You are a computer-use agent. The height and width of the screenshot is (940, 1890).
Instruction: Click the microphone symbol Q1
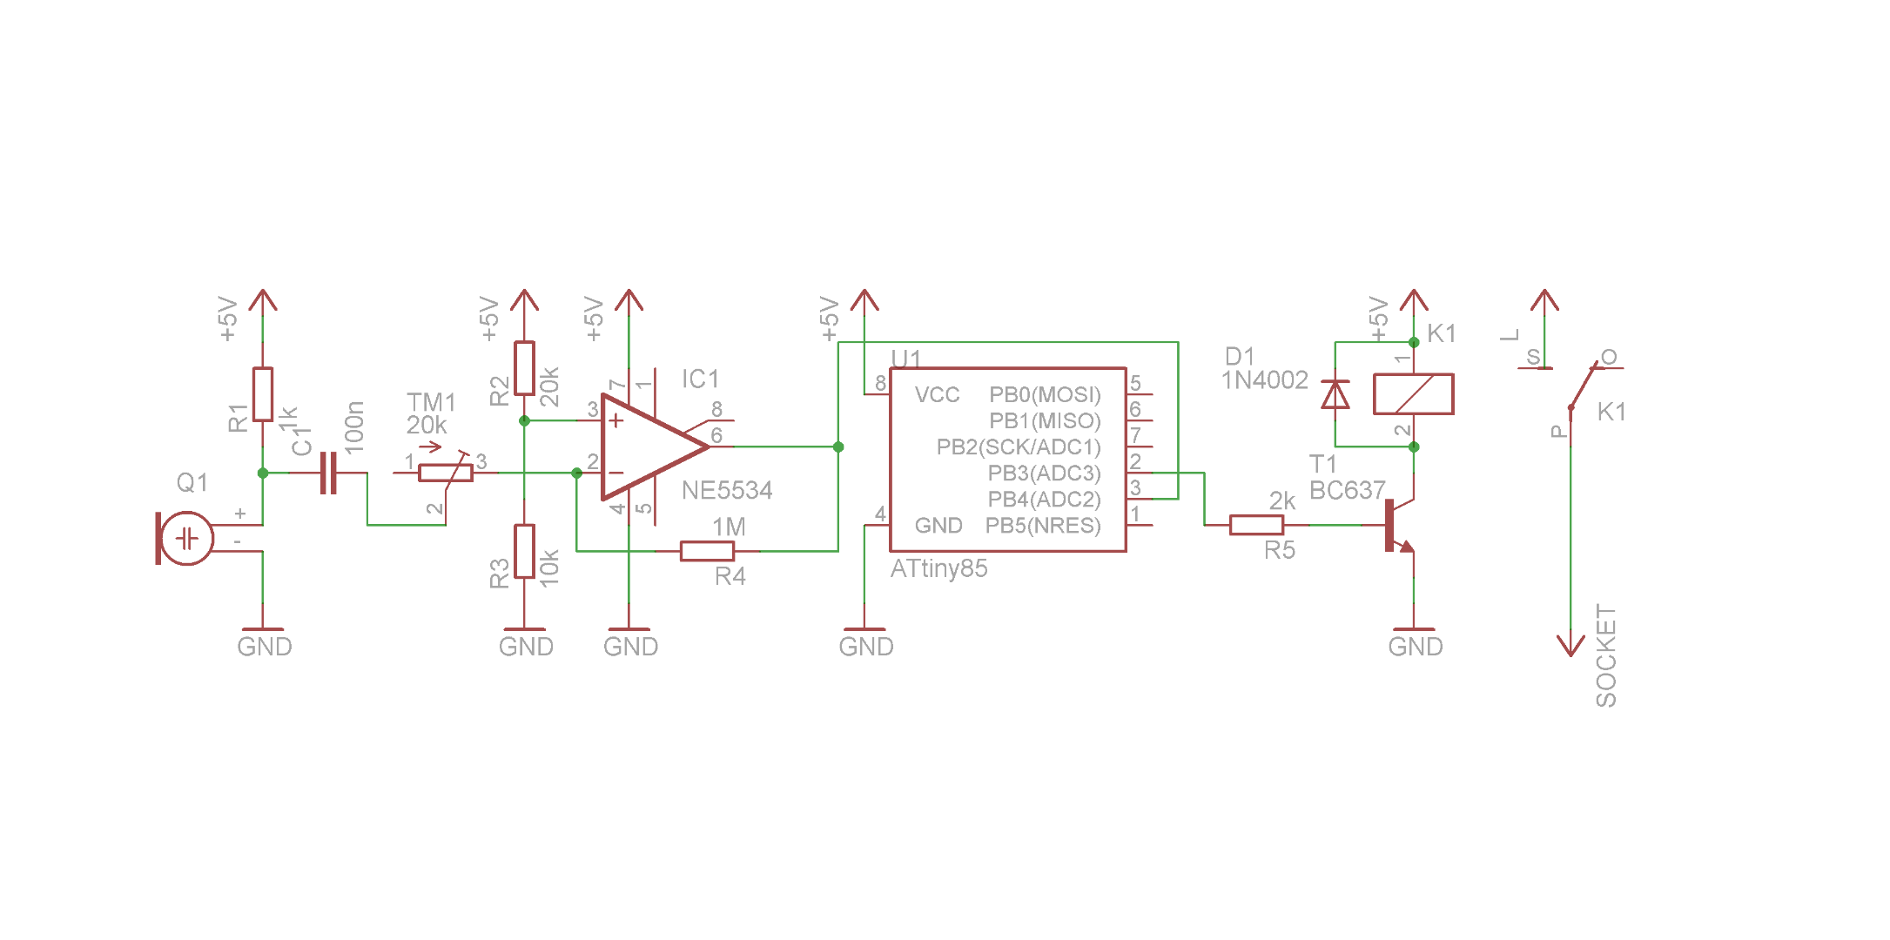[185, 539]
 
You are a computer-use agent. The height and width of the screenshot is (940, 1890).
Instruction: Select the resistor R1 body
[262, 394]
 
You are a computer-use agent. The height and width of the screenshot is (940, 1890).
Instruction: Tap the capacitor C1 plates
[328, 473]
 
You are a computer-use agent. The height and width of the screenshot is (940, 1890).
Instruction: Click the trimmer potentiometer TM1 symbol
[445, 473]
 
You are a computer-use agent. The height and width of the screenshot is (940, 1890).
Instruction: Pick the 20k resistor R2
[524, 368]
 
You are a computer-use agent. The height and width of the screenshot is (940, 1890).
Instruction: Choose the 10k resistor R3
[524, 551]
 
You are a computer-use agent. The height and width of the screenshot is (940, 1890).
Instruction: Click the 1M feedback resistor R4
[707, 551]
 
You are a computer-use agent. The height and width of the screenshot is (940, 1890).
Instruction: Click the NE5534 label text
[727, 491]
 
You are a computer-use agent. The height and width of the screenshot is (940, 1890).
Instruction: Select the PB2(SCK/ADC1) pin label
[1018, 447]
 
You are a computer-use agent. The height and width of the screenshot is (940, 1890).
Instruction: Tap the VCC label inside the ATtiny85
[937, 395]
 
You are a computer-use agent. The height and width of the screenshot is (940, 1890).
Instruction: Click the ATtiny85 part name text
[938, 569]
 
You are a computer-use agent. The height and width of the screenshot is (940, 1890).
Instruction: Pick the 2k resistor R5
[1256, 525]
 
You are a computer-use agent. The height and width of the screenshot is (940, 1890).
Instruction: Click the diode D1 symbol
[1335, 394]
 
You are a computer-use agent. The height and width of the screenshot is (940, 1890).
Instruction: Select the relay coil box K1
[1413, 394]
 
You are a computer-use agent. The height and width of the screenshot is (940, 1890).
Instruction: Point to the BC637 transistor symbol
[1396, 526]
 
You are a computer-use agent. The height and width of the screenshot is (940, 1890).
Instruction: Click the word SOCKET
[1606, 655]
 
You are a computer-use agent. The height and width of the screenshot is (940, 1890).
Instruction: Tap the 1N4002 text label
[1264, 380]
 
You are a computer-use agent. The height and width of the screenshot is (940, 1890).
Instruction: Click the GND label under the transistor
[1416, 647]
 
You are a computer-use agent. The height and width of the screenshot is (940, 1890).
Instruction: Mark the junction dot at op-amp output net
[838, 447]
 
